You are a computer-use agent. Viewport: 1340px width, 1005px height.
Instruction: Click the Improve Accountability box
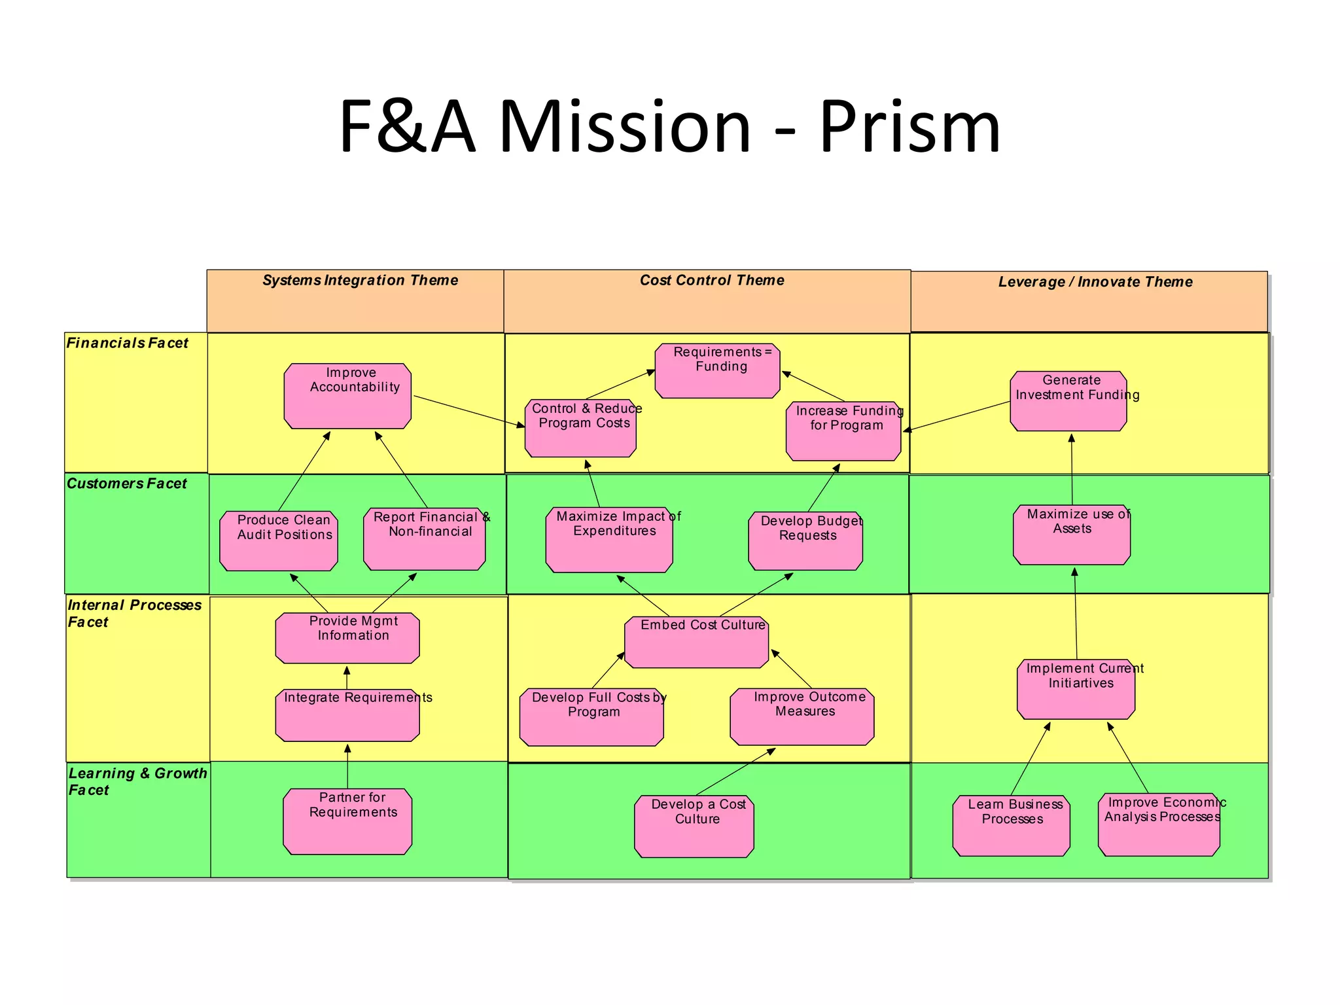[347, 397]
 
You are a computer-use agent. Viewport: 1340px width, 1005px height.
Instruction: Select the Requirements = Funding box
[717, 371]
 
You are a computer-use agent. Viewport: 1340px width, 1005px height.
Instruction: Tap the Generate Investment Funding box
[1068, 401]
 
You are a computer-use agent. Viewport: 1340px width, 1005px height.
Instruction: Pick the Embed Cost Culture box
[696, 642]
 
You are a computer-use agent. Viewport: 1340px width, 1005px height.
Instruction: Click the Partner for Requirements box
[347, 821]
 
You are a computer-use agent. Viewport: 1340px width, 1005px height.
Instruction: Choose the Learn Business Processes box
[1011, 826]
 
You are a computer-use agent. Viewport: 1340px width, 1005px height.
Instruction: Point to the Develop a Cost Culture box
[694, 826]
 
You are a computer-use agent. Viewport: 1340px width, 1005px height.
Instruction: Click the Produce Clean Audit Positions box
[279, 541]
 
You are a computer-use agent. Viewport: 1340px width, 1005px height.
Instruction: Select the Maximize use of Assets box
[1071, 535]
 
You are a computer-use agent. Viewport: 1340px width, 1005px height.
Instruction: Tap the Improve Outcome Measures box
[802, 717]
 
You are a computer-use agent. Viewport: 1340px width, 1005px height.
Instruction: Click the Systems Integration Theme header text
[360, 281]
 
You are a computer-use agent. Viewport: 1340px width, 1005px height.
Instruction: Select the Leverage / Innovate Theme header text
[1095, 282]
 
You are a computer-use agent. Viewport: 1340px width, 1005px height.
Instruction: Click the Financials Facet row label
[128, 343]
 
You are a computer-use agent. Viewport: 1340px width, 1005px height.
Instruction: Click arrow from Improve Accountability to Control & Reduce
[468, 411]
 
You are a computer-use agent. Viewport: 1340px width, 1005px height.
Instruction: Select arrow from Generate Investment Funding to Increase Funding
[958, 416]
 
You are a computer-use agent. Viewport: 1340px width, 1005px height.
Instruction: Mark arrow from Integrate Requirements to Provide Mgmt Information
[347, 677]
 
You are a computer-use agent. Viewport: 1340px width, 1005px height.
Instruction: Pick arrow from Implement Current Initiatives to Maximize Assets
[1075, 615]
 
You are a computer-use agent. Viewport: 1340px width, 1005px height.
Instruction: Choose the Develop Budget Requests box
[805, 541]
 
